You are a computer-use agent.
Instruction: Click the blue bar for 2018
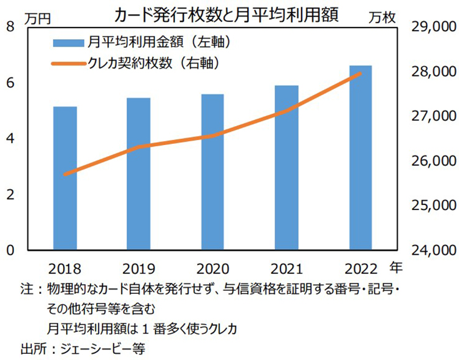pyautogui.click(x=65, y=178)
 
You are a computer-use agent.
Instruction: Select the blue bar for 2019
pyautogui.click(x=139, y=174)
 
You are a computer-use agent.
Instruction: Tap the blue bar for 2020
pyautogui.click(x=213, y=172)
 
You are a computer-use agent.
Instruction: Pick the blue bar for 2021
pyautogui.click(x=286, y=168)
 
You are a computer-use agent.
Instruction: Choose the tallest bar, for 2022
pyautogui.click(x=360, y=157)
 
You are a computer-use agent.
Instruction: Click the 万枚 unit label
pyautogui.click(x=382, y=18)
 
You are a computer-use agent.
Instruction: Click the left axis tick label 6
pyautogui.click(x=11, y=83)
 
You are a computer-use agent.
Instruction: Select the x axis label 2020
pyautogui.click(x=213, y=268)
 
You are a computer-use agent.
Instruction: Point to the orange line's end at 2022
pyautogui.click(x=360, y=73)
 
